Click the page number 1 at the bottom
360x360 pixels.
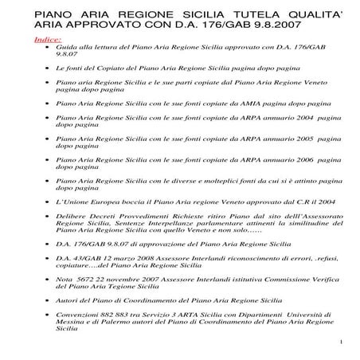click(x=339, y=343)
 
